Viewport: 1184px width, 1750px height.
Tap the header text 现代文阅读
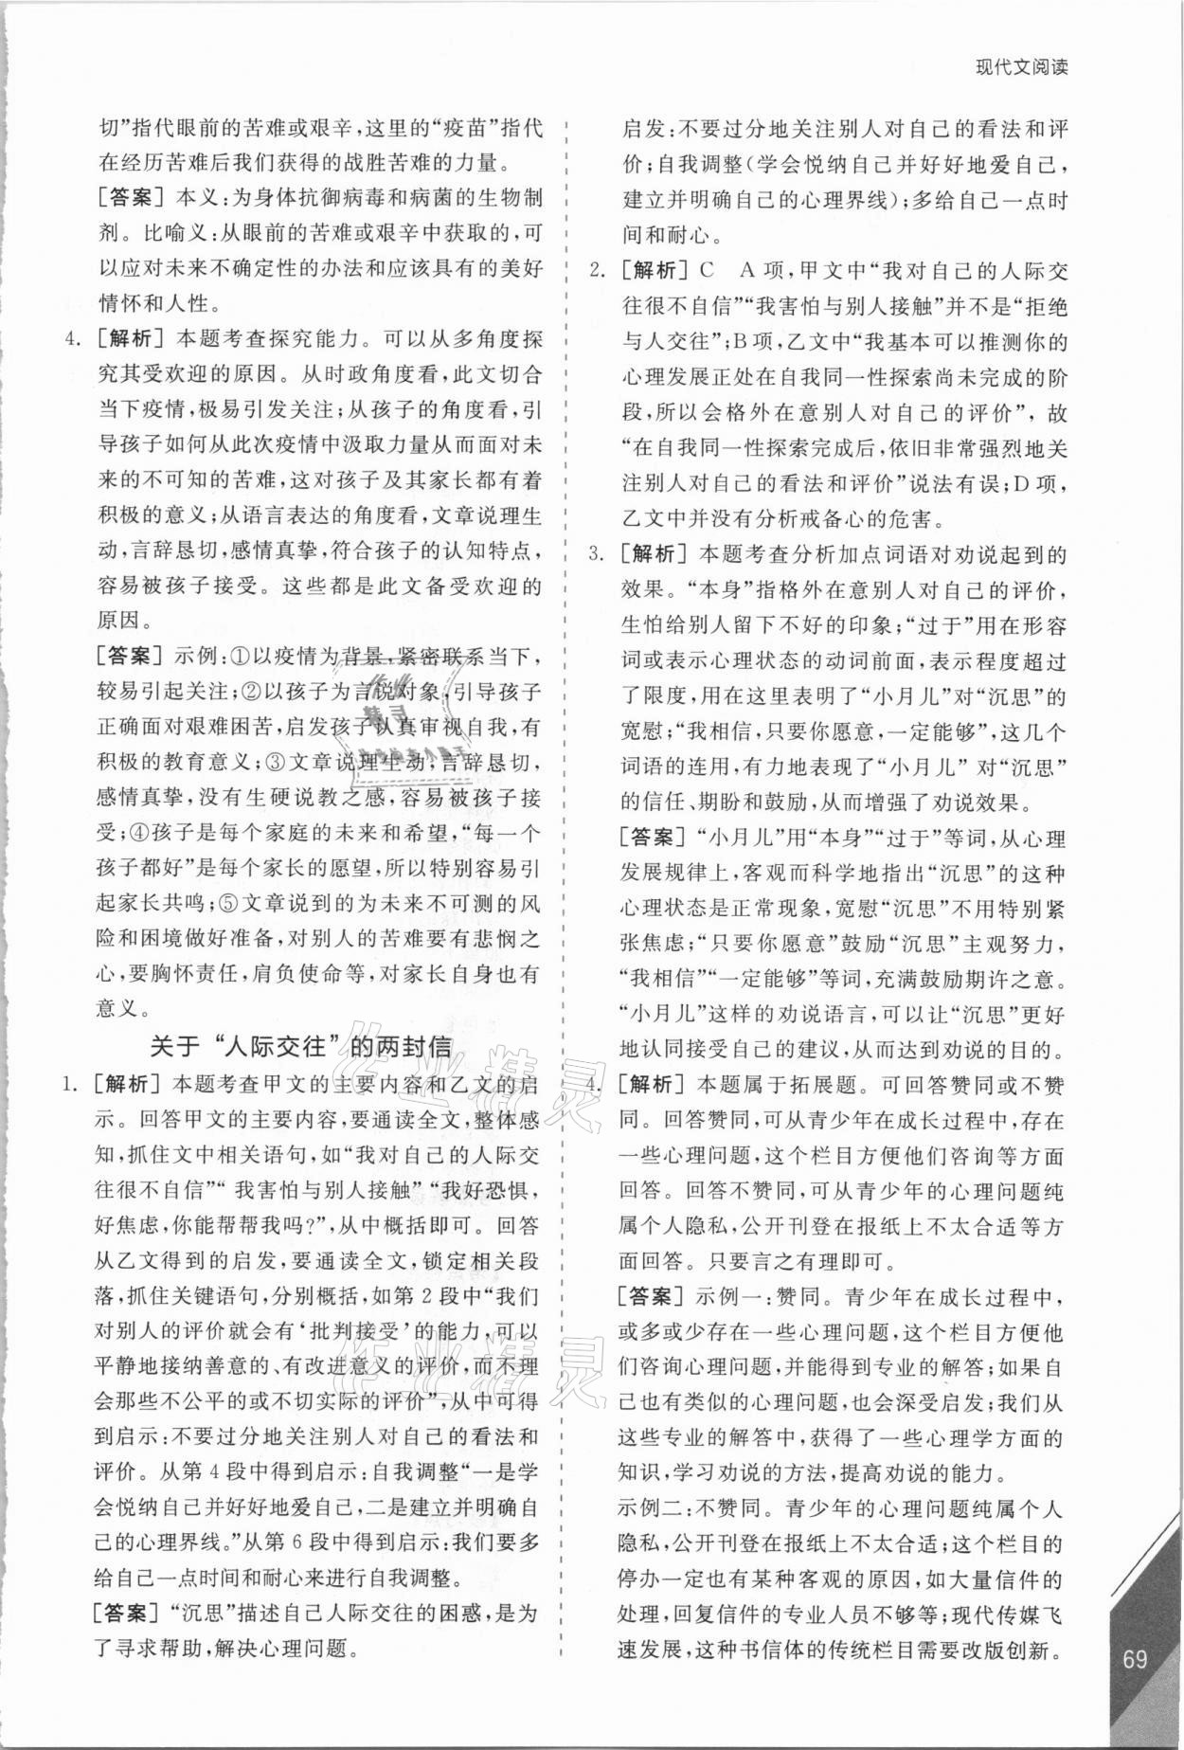(1021, 68)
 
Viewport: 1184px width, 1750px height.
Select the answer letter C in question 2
(706, 271)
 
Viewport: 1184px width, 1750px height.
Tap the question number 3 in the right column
(597, 552)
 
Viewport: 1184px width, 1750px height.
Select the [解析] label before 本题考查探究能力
(132, 339)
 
